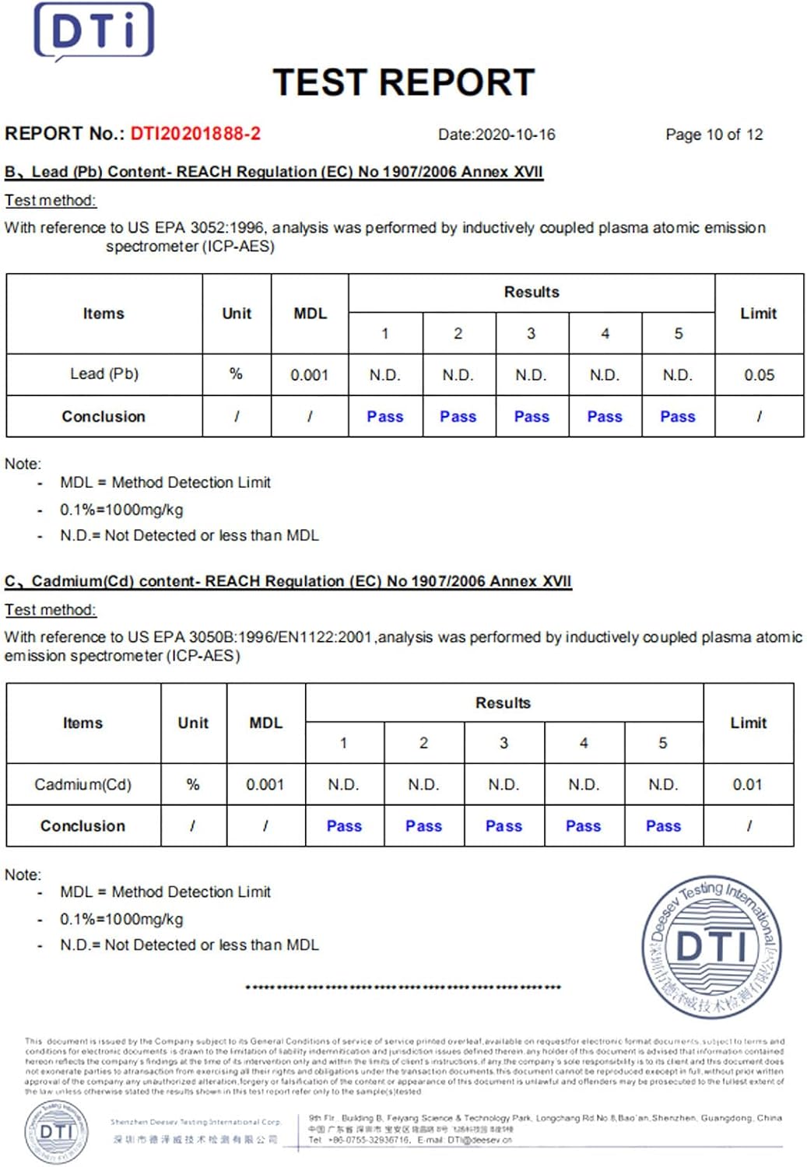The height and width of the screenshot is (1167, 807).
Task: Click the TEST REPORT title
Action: [403, 82]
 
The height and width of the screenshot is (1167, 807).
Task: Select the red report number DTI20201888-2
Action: [195, 134]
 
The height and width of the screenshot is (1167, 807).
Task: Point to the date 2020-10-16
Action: [515, 135]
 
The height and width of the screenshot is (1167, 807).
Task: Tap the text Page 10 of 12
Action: [714, 135]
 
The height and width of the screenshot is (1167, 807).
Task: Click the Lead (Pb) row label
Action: [104, 374]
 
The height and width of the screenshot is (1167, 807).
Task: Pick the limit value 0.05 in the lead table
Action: [759, 375]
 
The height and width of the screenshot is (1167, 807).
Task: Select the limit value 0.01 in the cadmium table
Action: [747, 784]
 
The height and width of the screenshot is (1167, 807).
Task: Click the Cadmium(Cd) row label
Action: [82, 784]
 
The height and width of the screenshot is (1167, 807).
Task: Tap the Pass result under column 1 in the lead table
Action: [385, 417]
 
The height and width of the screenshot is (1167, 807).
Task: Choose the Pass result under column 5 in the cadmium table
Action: [663, 826]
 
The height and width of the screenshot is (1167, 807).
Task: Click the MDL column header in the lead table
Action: [310, 314]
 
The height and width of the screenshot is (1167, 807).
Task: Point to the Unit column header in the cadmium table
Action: [193, 723]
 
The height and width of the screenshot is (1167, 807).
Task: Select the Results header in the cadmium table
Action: [503, 703]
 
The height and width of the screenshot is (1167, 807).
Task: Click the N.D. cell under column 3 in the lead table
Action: [531, 375]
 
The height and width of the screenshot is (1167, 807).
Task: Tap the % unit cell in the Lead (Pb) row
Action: [236, 374]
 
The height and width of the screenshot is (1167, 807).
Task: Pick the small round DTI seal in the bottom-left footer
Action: [57, 1130]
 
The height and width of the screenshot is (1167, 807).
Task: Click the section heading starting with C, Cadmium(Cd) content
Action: [288, 581]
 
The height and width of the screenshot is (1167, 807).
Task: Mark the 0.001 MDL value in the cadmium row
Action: [265, 784]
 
